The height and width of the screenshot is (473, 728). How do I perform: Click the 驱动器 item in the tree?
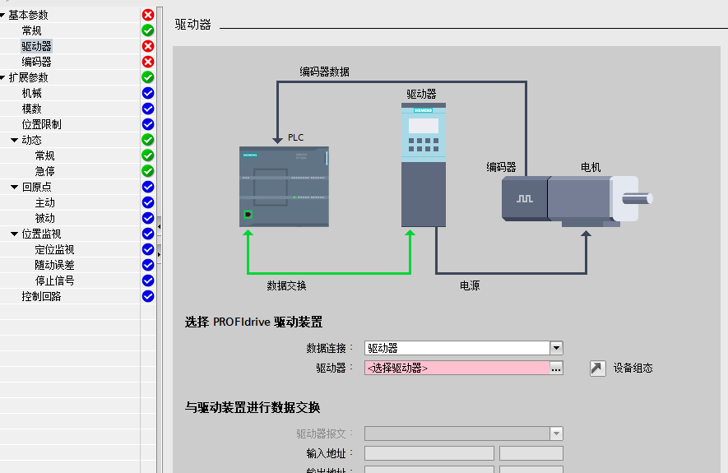click(36, 46)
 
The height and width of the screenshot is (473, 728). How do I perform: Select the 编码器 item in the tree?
click(36, 62)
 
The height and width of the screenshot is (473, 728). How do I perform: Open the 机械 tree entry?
click(31, 93)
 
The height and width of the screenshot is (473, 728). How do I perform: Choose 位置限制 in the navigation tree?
click(41, 124)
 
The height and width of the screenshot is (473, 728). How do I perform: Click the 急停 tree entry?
click(44, 171)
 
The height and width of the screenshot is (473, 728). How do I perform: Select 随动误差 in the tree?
click(54, 265)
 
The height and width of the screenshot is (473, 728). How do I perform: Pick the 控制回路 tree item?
click(41, 296)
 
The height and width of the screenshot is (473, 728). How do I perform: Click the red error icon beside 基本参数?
click(148, 15)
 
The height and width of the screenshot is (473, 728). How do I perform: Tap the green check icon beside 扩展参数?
click(148, 77)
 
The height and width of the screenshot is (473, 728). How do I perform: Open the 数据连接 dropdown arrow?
click(556, 348)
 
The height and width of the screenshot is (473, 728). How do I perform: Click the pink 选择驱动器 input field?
click(457, 368)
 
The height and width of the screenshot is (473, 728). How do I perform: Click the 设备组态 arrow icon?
click(598, 368)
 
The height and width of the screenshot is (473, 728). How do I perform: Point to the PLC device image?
click(284, 187)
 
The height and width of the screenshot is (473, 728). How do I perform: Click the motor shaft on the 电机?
click(638, 197)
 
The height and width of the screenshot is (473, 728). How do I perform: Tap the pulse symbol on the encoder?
click(525, 198)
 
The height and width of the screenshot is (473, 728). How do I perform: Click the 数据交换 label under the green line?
click(286, 285)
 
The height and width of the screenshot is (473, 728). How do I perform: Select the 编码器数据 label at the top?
click(324, 72)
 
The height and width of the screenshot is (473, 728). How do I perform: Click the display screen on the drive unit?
click(424, 126)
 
